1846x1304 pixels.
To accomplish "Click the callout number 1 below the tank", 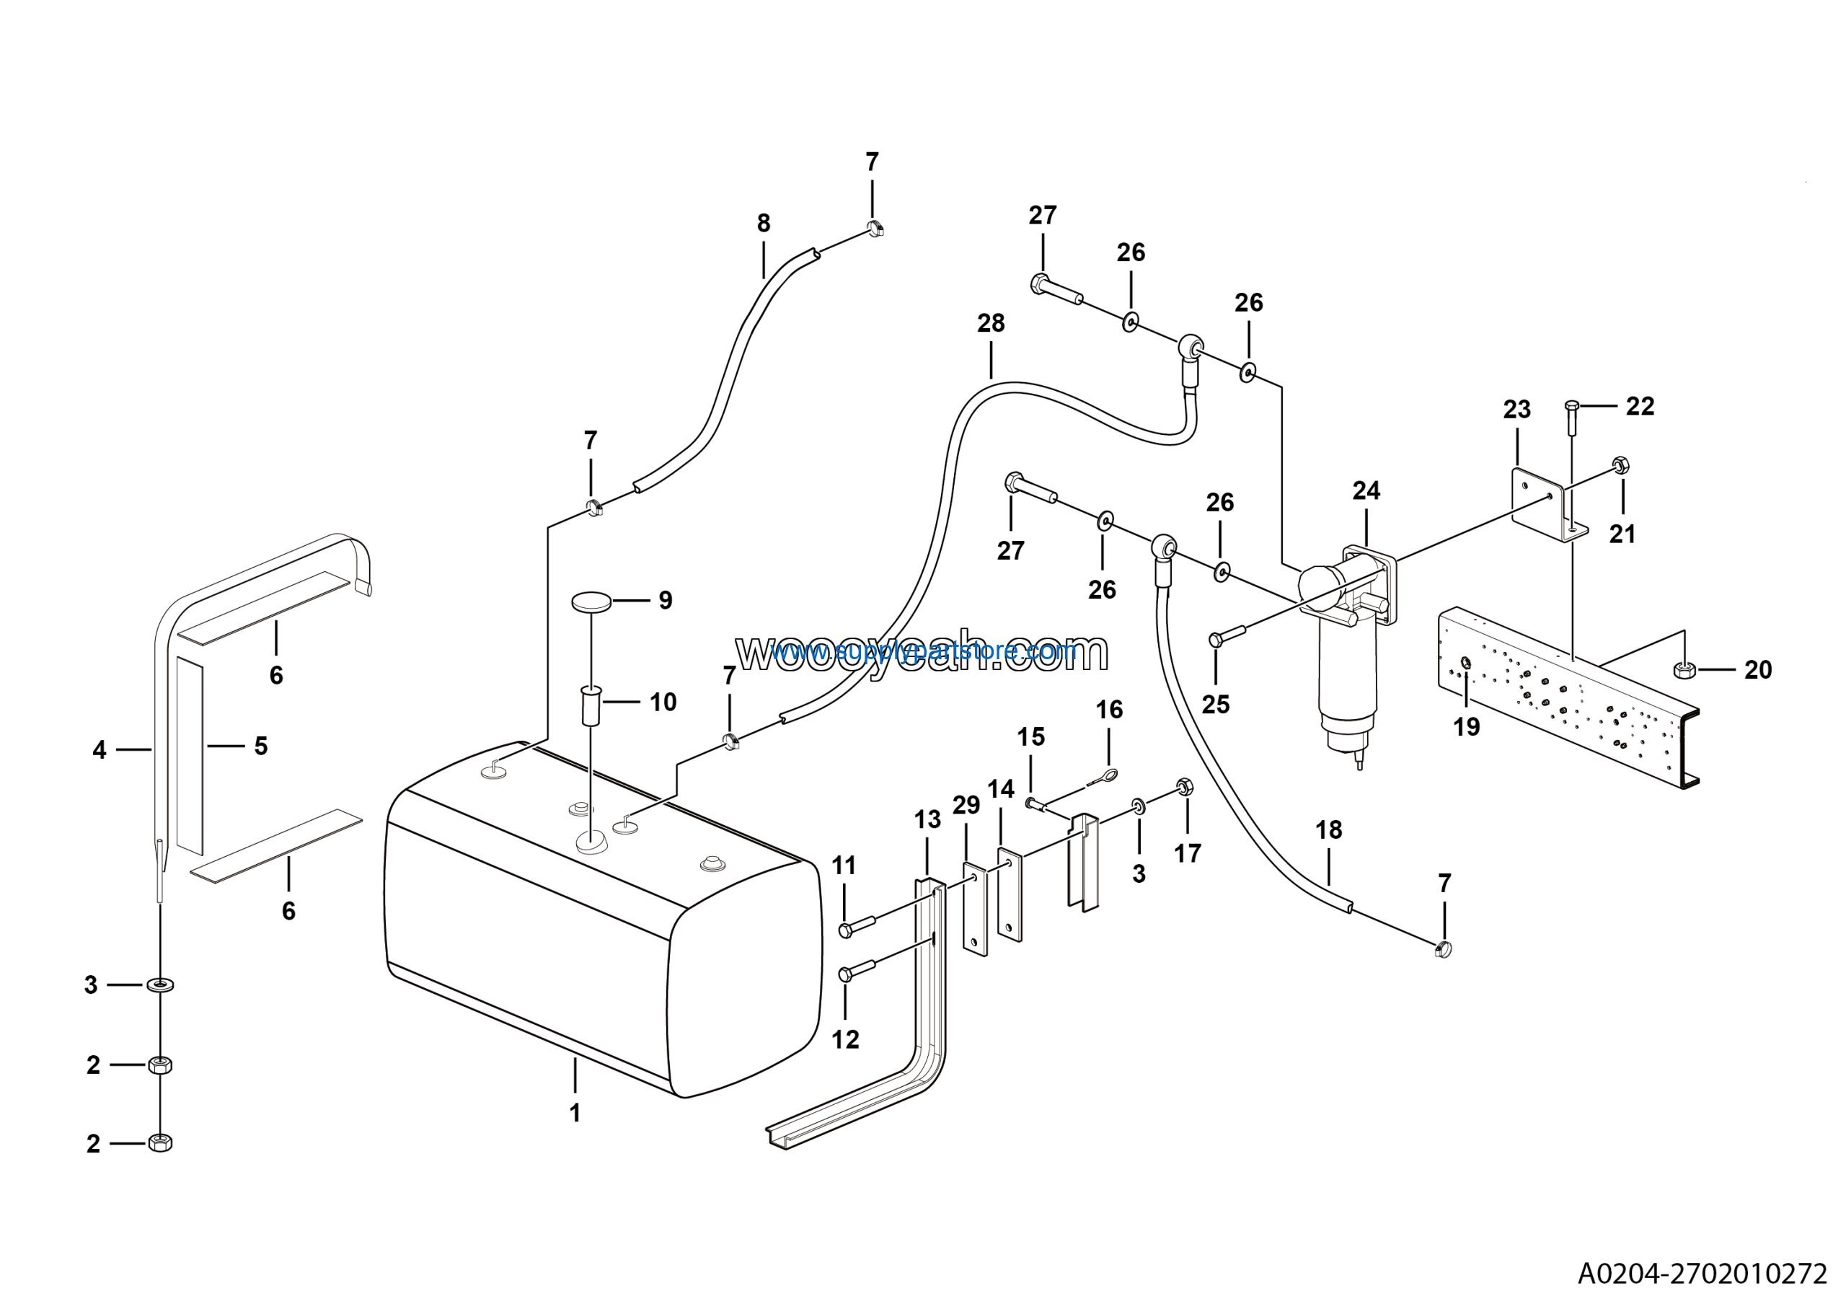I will (x=575, y=1113).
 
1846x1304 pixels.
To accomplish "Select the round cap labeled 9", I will (x=592, y=602).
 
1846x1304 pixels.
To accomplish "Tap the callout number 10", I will (x=663, y=702).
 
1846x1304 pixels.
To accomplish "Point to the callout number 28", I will (x=991, y=323).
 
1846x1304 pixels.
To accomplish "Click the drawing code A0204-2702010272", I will (x=1702, y=1274).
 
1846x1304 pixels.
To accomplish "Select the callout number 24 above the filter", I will (x=1366, y=490).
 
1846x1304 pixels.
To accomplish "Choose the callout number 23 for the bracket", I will (x=1516, y=409).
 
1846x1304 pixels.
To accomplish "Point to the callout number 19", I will (x=1466, y=727).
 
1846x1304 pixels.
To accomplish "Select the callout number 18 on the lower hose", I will (x=1328, y=829).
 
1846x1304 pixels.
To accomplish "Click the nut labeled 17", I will (x=1184, y=786).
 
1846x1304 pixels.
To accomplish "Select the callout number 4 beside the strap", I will (x=99, y=750).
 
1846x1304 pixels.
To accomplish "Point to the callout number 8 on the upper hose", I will (x=763, y=224).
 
